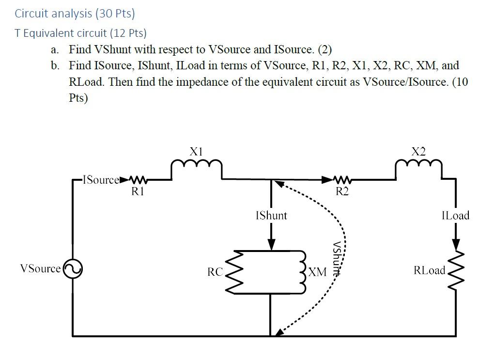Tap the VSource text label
tap(40, 269)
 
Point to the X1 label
tap(196, 151)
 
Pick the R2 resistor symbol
tap(342, 179)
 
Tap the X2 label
tap(418, 151)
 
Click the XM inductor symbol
tap(304, 272)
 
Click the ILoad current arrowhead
tap(456, 244)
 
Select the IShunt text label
tap(271, 216)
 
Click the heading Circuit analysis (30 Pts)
tap(75, 13)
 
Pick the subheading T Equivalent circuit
tap(80, 33)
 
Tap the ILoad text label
tap(455, 216)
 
